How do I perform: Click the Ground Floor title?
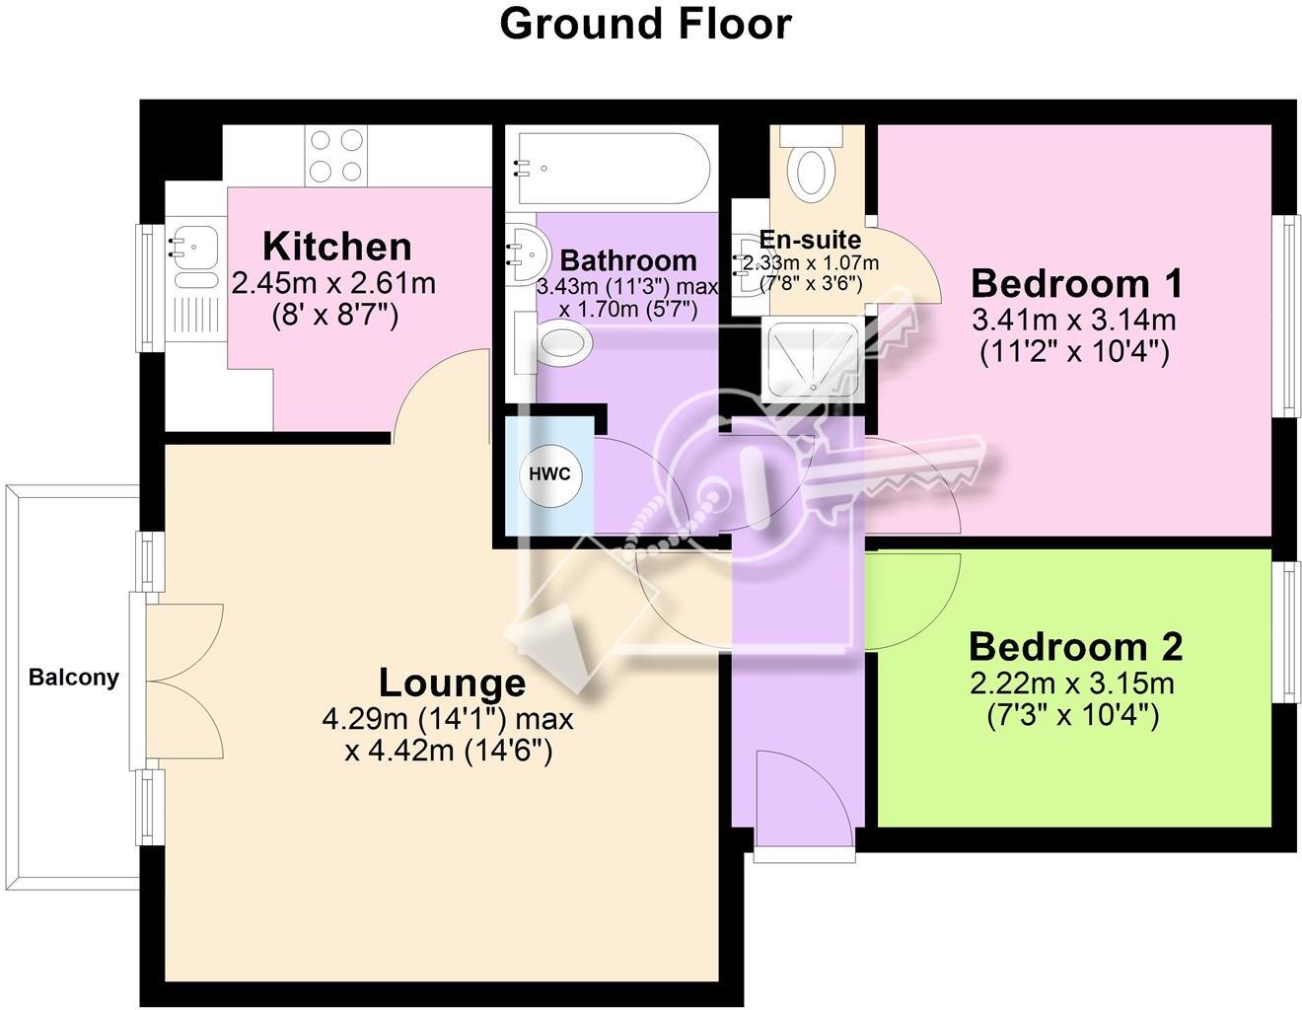(645, 24)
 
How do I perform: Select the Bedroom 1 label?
(1076, 284)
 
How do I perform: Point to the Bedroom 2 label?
(1075, 647)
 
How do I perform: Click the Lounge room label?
(452, 683)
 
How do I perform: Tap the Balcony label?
(73, 678)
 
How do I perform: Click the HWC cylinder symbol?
(549, 474)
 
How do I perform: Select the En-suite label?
(810, 240)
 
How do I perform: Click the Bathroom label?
(628, 260)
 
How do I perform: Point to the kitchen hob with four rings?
(336, 156)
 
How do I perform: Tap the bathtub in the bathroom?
(608, 168)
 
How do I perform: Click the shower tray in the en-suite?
(812, 360)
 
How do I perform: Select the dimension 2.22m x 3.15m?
(1072, 684)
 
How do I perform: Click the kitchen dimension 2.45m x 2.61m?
(332, 284)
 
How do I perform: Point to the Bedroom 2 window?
(1286, 631)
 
